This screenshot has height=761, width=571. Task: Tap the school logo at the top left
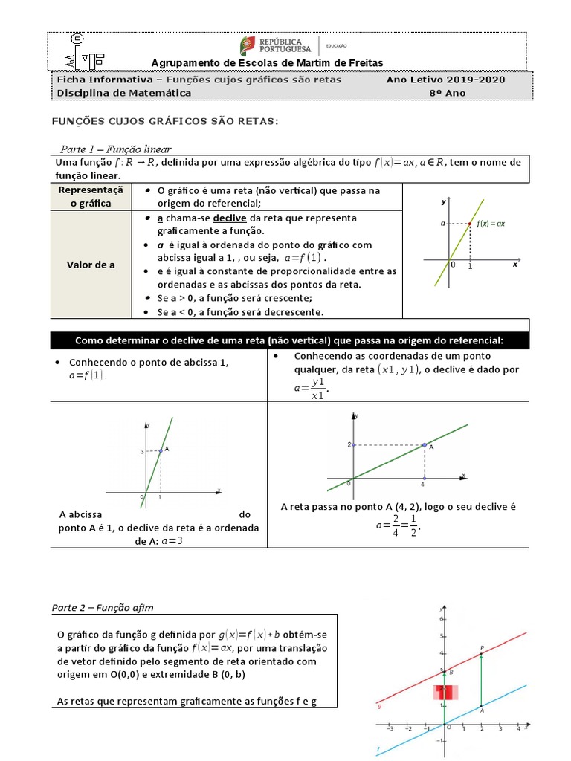click(74, 51)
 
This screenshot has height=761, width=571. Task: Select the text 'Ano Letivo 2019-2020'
click(445, 80)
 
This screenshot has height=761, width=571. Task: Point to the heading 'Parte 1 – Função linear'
click(115, 149)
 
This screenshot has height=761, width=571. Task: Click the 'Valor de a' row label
click(91, 264)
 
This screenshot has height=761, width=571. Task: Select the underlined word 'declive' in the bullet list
click(230, 218)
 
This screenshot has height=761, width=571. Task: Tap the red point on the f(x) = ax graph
click(470, 223)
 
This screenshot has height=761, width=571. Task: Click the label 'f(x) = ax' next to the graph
click(491, 223)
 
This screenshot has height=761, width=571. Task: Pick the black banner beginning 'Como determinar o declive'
click(289, 340)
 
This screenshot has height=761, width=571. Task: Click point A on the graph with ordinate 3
click(161, 450)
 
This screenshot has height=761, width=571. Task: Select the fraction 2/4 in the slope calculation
click(396, 525)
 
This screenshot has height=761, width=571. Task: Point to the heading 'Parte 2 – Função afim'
click(103, 608)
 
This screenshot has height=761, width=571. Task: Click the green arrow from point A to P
click(482, 680)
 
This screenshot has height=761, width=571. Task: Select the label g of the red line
click(379, 706)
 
